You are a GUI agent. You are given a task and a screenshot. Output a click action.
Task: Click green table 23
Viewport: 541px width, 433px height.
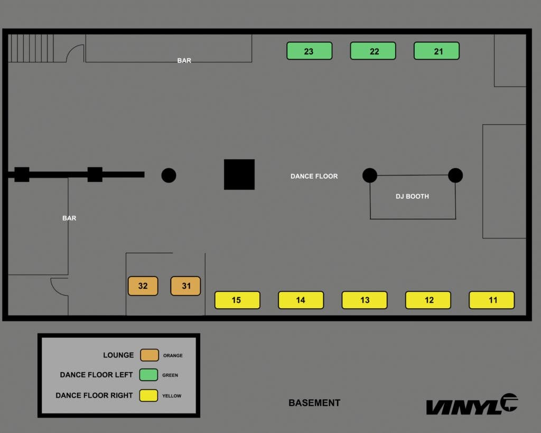(309, 51)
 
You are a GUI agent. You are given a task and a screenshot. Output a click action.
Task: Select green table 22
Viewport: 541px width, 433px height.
(373, 51)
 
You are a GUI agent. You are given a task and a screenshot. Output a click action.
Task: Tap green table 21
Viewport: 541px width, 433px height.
(436, 51)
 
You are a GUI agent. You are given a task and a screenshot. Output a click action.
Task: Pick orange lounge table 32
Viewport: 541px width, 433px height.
(143, 286)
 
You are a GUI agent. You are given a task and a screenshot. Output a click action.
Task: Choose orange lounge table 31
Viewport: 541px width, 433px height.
(185, 286)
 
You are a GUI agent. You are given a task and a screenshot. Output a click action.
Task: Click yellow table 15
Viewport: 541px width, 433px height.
(237, 300)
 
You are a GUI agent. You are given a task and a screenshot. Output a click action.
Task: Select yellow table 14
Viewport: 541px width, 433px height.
(301, 300)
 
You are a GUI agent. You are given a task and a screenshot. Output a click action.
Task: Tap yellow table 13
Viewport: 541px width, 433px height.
(365, 300)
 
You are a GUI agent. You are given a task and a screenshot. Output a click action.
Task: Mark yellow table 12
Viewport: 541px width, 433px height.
(428, 300)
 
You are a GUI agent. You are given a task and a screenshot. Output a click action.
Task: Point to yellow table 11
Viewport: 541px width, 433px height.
(492, 300)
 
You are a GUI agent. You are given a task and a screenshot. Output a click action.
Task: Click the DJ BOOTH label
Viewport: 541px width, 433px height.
(412, 197)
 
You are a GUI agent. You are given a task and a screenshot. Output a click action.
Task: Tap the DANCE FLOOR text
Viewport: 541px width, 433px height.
(314, 177)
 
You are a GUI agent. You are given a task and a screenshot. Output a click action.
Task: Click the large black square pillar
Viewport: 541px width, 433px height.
(239, 174)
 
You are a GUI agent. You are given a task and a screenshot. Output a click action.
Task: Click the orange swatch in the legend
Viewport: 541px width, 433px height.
(150, 355)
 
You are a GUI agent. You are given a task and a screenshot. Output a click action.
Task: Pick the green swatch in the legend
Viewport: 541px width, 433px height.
(148, 375)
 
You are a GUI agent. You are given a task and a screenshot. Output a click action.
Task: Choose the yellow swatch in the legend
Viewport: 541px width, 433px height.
(148, 395)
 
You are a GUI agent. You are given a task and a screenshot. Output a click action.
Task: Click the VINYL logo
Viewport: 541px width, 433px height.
(471, 404)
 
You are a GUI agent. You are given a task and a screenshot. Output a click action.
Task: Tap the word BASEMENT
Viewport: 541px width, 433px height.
(314, 403)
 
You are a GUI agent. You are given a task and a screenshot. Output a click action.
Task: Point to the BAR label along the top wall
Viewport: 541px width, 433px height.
(184, 61)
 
